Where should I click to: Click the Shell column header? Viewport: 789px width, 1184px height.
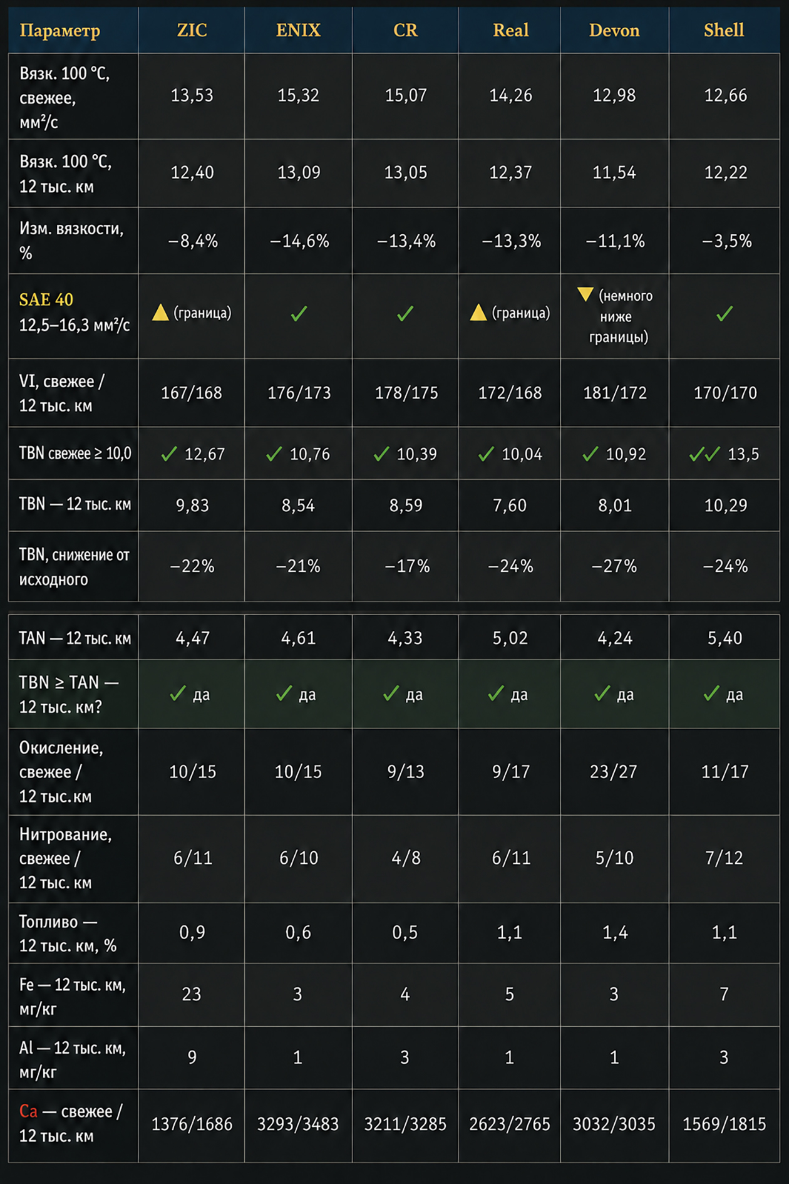tap(724, 30)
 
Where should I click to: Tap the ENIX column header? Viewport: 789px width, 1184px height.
tap(298, 30)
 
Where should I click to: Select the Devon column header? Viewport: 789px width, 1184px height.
tap(614, 30)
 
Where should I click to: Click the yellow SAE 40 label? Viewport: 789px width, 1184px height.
tap(46, 299)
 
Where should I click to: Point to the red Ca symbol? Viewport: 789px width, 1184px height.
tap(28, 1111)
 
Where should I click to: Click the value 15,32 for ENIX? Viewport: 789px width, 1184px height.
tap(298, 95)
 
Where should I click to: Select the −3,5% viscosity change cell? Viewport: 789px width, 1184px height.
tap(726, 241)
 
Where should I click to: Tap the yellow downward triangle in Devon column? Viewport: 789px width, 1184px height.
tap(585, 294)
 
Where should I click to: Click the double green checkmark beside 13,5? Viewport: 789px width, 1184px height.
tap(704, 454)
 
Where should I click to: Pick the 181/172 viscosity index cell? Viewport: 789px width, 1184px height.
tap(615, 393)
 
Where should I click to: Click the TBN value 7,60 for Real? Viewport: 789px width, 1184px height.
tap(510, 505)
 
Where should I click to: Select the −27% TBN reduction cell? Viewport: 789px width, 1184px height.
tap(614, 566)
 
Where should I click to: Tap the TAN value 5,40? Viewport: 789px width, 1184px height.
tap(725, 638)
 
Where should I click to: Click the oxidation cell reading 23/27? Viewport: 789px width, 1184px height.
tap(614, 771)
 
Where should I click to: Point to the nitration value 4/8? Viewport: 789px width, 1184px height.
tap(406, 858)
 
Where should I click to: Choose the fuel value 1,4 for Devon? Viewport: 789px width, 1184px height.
tap(615, 932)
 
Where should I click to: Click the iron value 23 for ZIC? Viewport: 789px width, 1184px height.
tap(192, 994)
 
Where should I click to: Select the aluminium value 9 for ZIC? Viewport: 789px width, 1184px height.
tap(192, 1057)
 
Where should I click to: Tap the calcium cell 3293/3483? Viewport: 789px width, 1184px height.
tap(298, 1124)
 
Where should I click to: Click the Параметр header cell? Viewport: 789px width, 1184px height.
tap(60, 30)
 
